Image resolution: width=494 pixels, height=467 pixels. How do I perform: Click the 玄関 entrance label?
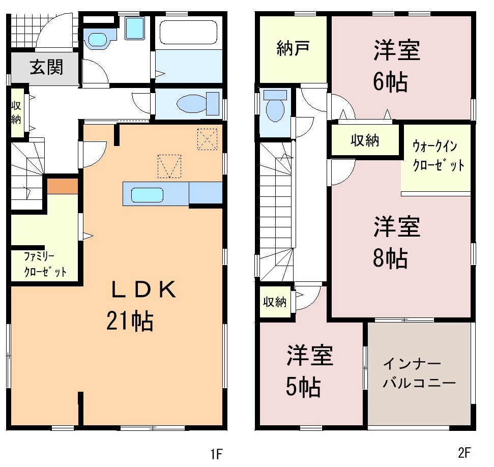[x=47, y=67]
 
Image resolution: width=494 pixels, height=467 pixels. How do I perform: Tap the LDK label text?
[x=144, y=289]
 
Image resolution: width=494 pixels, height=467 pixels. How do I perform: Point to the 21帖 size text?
[x=130, y=321]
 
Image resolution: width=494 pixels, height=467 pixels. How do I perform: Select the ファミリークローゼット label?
[x=45, y=264]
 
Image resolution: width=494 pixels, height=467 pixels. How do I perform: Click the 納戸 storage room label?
[x=293, y=48]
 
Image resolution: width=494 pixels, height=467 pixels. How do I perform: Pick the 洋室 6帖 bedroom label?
[x=397, y=66]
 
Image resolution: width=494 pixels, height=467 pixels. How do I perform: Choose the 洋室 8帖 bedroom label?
[x=397, y=242]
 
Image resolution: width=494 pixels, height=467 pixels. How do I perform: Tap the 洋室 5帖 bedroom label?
[x=309, y=371]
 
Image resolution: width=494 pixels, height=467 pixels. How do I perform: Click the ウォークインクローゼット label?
[x=438, y=156]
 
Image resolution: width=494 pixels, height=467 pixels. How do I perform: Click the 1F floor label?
[x=216, y=454]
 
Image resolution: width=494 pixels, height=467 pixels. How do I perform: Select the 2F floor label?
[x=464, y=453]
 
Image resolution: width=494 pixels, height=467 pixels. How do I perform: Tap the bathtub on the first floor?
[x=188, y=32]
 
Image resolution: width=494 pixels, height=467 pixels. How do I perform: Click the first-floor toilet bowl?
[x=191, y=104]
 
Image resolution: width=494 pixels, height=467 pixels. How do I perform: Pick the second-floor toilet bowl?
[x=275, y=110]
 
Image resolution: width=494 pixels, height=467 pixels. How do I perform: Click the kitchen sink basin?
[x=147, y=195]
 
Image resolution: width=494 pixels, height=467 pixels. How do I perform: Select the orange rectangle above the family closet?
[x=63, y=186]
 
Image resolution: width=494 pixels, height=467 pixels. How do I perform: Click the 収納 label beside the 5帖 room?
[x=275, y=302]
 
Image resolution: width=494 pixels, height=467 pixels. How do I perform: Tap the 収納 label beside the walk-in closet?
[x=365, y=140]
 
